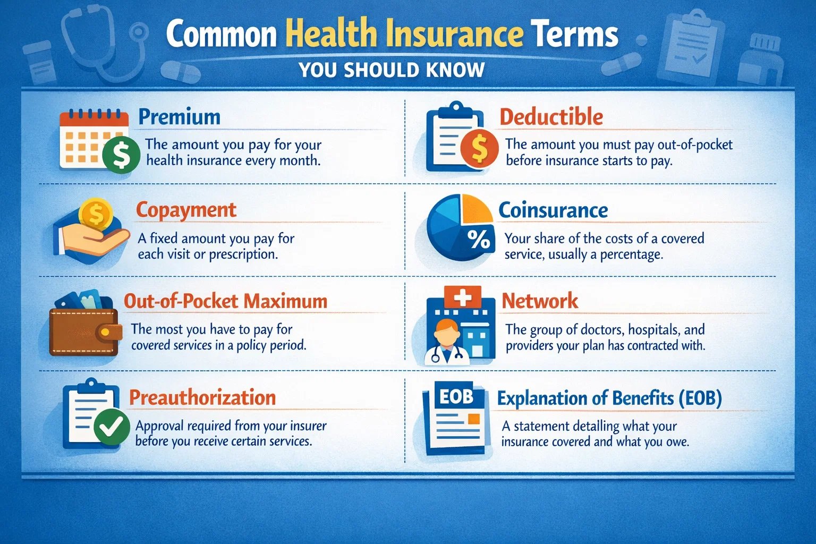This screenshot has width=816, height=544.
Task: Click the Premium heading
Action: pos(179,117)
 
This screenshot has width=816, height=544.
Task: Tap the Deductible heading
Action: pos(551,117)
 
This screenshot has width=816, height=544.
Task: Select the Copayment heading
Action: pos(186,210)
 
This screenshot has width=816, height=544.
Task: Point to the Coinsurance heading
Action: pos(553,210)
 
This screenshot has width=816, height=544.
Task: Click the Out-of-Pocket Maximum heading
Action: pos(225,301)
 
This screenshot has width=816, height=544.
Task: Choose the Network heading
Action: pos(540,301)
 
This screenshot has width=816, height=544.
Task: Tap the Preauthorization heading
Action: pos(202,398)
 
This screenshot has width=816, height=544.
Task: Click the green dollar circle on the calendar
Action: pos(121,155)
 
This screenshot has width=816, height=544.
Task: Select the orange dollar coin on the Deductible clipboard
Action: pos(479,148)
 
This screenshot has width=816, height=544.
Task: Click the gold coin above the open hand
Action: pos(96,214)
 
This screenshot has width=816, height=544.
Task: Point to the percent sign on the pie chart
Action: pos(479,240)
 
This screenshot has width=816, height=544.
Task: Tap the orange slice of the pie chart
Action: pos(476,209)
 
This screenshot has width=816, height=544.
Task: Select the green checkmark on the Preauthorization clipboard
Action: pos(112,427)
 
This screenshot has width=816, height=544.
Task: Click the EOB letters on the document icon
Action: pos(456,396)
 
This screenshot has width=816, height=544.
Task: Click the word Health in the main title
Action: pos(331,34)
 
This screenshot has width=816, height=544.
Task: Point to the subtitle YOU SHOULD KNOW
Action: pos(392,70)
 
